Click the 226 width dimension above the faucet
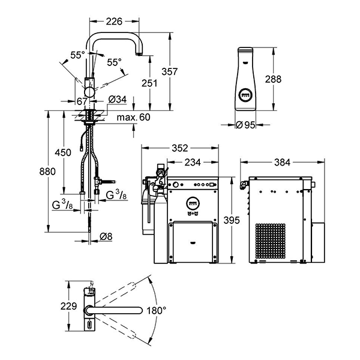tap(114, 22)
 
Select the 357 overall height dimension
tap(169, 71)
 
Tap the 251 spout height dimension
tap(149, 83)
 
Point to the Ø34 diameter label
tap(118, 100)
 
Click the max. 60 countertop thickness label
tap(133, 117)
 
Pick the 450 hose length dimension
tap(63, 152)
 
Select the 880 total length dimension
tap(47, 171)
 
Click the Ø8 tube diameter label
tap(106, 236)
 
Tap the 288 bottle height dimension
tap(273, 79)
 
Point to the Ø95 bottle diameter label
tap(245, 125)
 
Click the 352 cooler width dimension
tap(180, 148)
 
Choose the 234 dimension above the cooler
tap(193, 163)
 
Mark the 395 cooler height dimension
tap(232, 220)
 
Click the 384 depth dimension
tap(283, 163)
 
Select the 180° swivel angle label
tap(156, 311)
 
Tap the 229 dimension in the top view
tap(68, 306)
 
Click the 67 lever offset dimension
tap(82, 101)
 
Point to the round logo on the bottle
tap(245, 95)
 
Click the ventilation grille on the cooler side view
tap(271, 241)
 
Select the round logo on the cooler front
tap(193, 202)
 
